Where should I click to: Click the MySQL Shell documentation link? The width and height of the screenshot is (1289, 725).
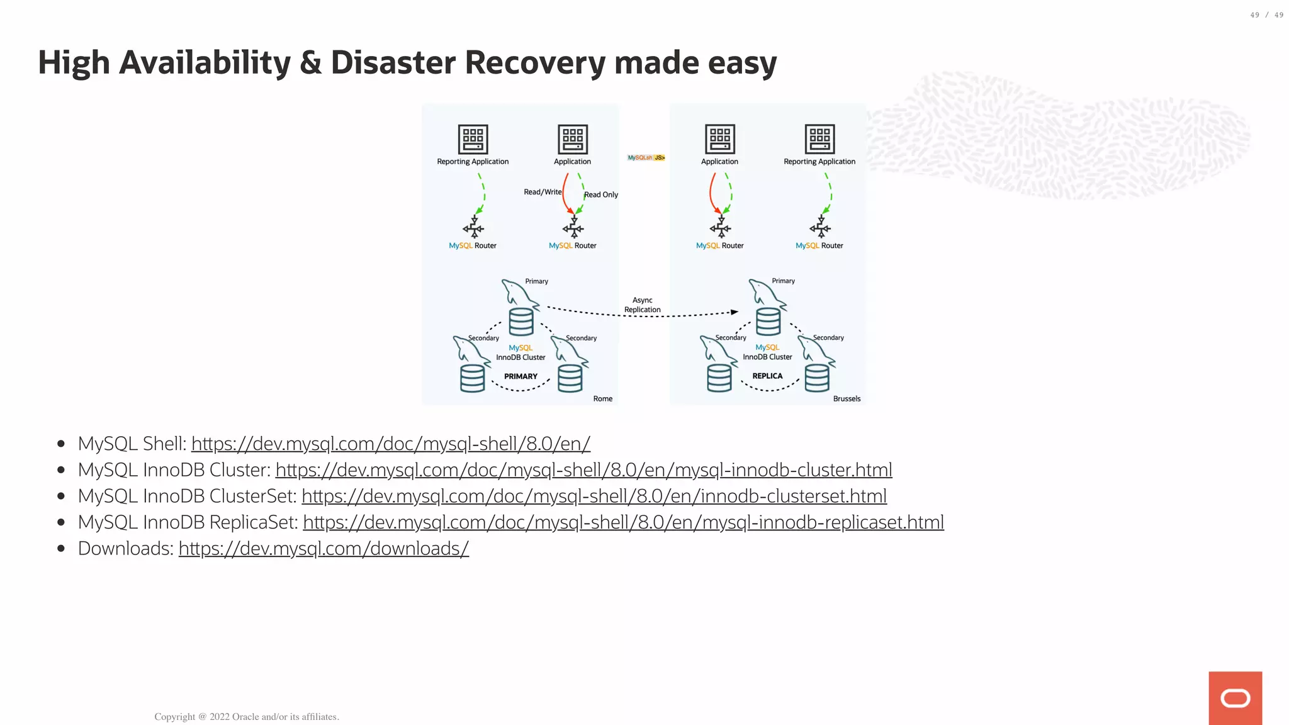pos(390,444)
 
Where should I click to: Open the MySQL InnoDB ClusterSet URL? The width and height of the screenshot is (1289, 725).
pos(594,496)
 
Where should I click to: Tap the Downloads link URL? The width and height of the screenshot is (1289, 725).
pos(324,548)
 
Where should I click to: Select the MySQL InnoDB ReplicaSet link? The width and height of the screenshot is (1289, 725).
pos(623,522)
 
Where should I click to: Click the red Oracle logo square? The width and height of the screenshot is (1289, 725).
pos(1235,698)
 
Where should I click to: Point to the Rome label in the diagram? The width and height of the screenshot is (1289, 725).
pos(602,398)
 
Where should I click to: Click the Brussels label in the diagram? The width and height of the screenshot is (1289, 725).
pos(847,398)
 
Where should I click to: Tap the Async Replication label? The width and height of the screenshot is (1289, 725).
pos(642,305)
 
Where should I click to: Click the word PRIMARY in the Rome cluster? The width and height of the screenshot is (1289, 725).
pos(521,376)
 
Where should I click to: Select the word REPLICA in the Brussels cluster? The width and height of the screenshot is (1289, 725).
pos(767,376)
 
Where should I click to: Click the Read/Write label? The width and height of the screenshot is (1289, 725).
pos(542,192)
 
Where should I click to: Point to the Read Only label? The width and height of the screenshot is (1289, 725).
pos(601,194)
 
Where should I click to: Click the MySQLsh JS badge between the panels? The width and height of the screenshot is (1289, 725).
pos(646,157)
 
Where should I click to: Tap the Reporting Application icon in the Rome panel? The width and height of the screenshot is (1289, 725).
pos(473,139)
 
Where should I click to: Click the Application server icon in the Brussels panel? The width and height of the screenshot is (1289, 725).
pos(719,139)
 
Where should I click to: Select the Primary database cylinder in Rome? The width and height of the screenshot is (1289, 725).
pos(521,322)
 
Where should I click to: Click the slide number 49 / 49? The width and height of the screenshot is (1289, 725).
pos(1266,15)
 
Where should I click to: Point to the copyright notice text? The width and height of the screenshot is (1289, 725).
pos(247,716)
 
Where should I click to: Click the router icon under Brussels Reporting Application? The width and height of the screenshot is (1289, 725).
pos(819,227)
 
